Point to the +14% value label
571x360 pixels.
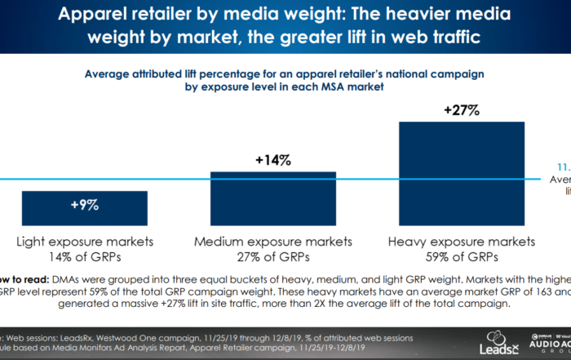pos(273,161)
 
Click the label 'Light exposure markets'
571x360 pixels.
pos(85,242)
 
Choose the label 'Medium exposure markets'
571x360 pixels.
pos(273,242)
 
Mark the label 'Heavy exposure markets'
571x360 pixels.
pos(462,242)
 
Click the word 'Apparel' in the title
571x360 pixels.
pos(102,16)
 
